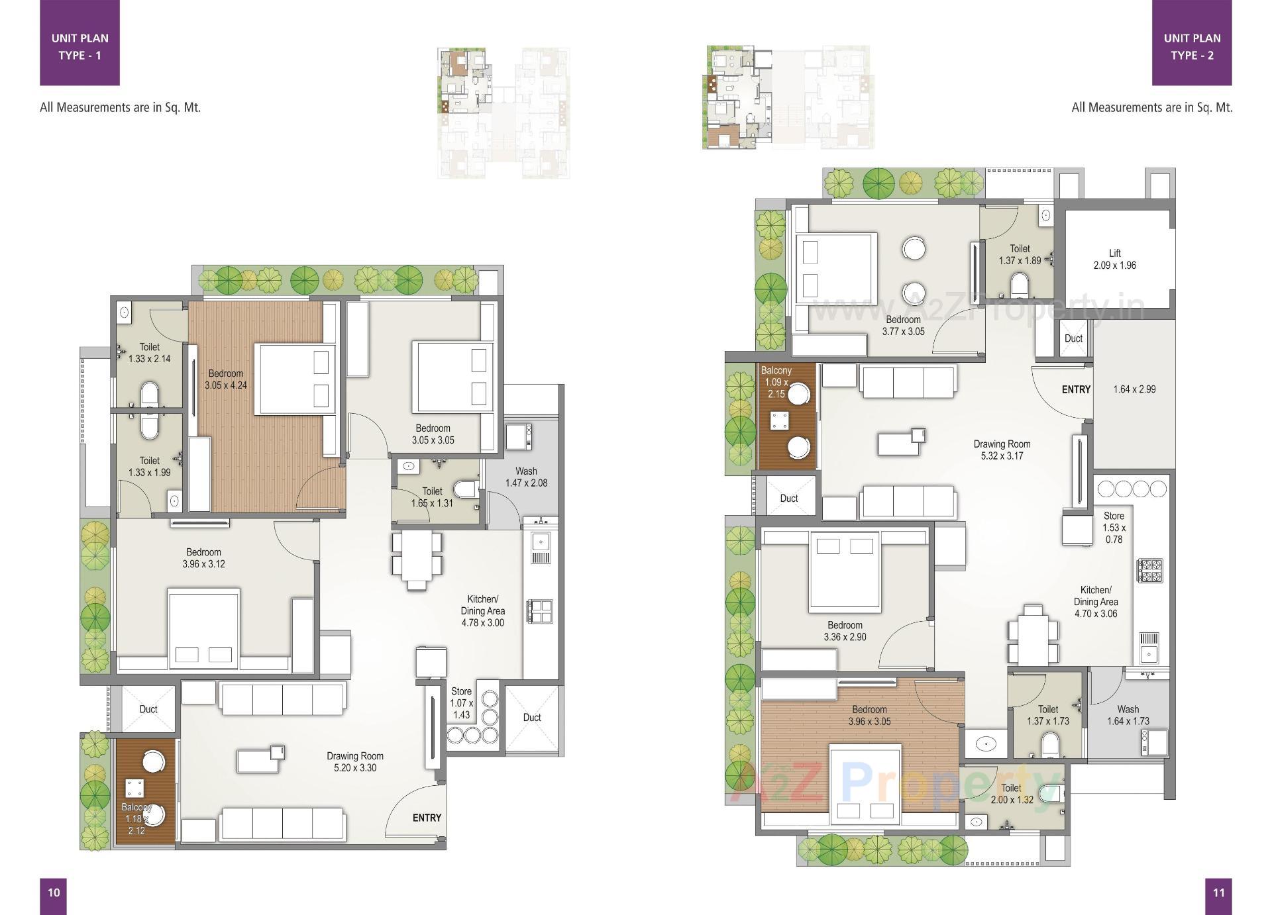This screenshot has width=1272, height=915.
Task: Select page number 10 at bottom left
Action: click(54, 892)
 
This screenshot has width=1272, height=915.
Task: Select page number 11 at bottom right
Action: click(1218, 892)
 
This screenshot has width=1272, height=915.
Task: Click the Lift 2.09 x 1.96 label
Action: click(1114, 259)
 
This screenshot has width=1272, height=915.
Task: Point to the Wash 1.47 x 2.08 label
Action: click(526, 477)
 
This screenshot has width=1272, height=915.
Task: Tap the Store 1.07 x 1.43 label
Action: click(461, 702)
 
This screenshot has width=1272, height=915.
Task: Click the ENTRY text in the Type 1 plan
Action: click(427, 818)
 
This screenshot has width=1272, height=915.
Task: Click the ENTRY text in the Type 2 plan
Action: click(1075, 389)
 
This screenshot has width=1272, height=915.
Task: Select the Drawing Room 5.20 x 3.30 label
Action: click(355, 761)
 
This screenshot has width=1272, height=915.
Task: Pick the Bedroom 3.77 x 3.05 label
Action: click(903, 325)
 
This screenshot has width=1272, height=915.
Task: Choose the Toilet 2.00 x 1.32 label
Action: click(1011, 793)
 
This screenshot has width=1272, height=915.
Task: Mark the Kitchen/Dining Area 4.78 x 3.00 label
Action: click(482, 610)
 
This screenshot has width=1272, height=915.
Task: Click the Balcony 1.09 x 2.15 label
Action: click(776, 382)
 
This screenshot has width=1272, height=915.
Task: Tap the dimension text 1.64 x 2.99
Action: click(1134, 389)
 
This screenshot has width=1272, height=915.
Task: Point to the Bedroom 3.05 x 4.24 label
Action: click(225, 379)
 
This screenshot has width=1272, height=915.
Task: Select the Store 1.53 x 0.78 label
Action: click(1114, 527)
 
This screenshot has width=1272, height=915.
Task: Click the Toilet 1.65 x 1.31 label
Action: click(432, 497)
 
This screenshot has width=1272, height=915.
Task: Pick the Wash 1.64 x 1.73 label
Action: click(1128, 715)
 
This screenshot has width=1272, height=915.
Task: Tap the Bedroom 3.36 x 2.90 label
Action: click(845, 631)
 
